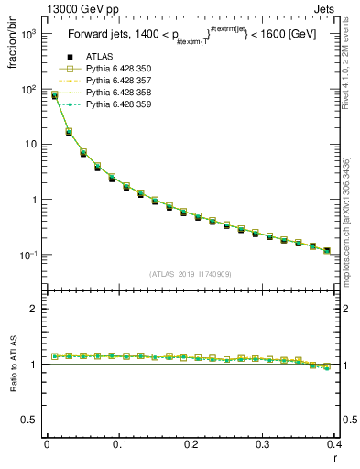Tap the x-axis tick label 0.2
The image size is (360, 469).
191,445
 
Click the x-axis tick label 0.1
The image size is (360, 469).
118,445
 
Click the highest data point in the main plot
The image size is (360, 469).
54,95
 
